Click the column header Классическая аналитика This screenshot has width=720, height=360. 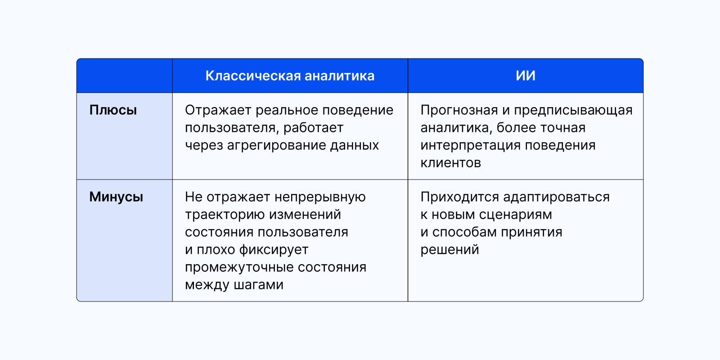point(290,76)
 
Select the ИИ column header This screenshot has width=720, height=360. point(525,76)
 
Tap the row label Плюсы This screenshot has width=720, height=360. point(113,110)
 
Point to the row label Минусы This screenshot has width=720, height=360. point(116,197)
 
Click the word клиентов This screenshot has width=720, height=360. point(450,163)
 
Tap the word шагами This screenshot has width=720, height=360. point(259,285)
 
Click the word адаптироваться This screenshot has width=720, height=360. point(556,197)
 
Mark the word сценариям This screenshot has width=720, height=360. point(515,215)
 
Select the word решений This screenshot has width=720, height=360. point(450,250)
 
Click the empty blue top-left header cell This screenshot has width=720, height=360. point(125,76)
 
